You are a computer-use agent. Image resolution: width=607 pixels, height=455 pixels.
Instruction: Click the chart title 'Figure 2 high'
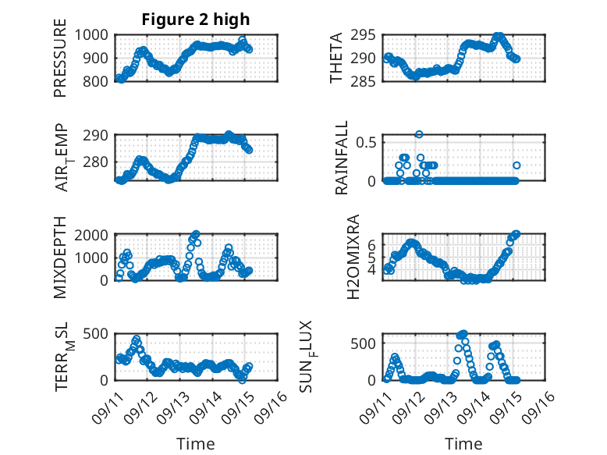[196, 20]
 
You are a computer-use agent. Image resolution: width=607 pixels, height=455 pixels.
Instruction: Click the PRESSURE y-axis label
[60, 62]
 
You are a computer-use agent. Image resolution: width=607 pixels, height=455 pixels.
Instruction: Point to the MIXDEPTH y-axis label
[60, 257]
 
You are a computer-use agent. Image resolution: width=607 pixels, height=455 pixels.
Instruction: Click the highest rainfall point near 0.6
[419, 134]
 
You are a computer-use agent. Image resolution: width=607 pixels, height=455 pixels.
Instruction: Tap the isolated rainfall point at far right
[516, 165]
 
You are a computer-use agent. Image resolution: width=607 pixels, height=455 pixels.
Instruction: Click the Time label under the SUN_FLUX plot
[463, 443]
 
